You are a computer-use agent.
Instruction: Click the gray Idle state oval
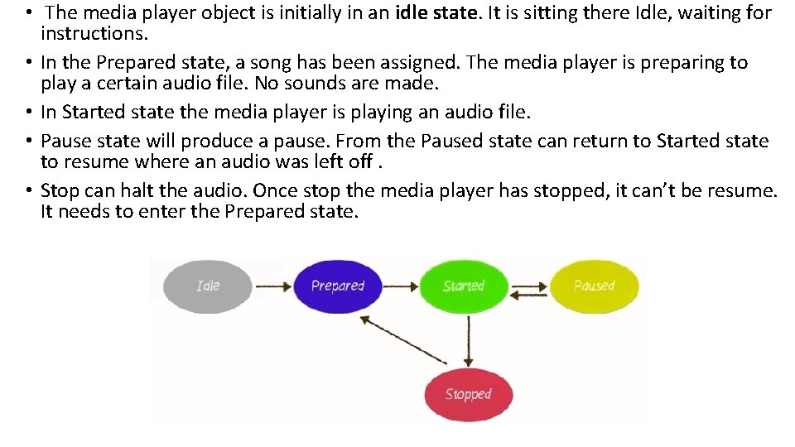coord(208,286)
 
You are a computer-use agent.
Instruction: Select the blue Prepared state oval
coord(337,286)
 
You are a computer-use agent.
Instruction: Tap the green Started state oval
coord(463,286)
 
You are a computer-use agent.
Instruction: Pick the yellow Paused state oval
coord(594,286)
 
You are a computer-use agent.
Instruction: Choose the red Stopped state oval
coord(468,395)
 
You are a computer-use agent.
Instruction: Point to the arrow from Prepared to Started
coord(401,286)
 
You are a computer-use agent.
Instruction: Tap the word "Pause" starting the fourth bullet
coord(65,141)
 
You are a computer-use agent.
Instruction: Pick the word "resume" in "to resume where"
coord(94,161)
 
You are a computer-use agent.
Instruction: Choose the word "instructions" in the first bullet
coord(95,34)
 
